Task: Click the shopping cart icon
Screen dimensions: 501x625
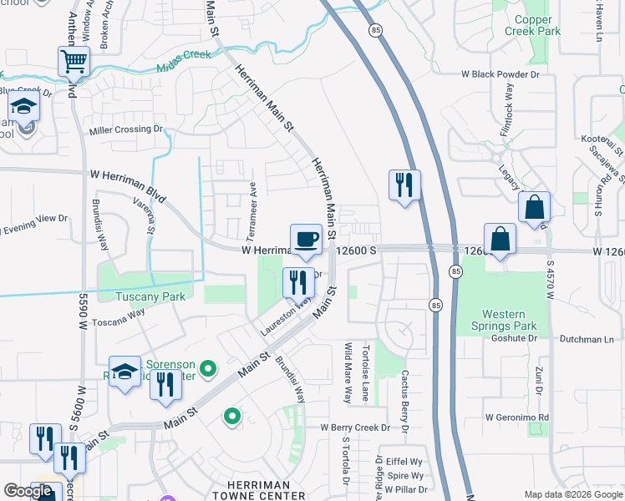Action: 74,61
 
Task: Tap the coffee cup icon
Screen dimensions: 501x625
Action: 306,238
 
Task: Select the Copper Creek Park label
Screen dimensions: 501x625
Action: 528,25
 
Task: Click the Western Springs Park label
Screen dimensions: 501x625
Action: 504,320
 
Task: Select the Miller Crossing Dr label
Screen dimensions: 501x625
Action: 125,129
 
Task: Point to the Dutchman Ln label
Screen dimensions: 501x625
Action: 586,340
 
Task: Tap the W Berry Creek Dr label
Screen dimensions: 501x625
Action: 355,428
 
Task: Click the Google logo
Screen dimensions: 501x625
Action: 28,491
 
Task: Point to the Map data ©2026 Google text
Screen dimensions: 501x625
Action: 573,494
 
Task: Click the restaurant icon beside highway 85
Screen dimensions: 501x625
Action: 404,185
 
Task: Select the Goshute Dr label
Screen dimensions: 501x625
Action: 514,338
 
